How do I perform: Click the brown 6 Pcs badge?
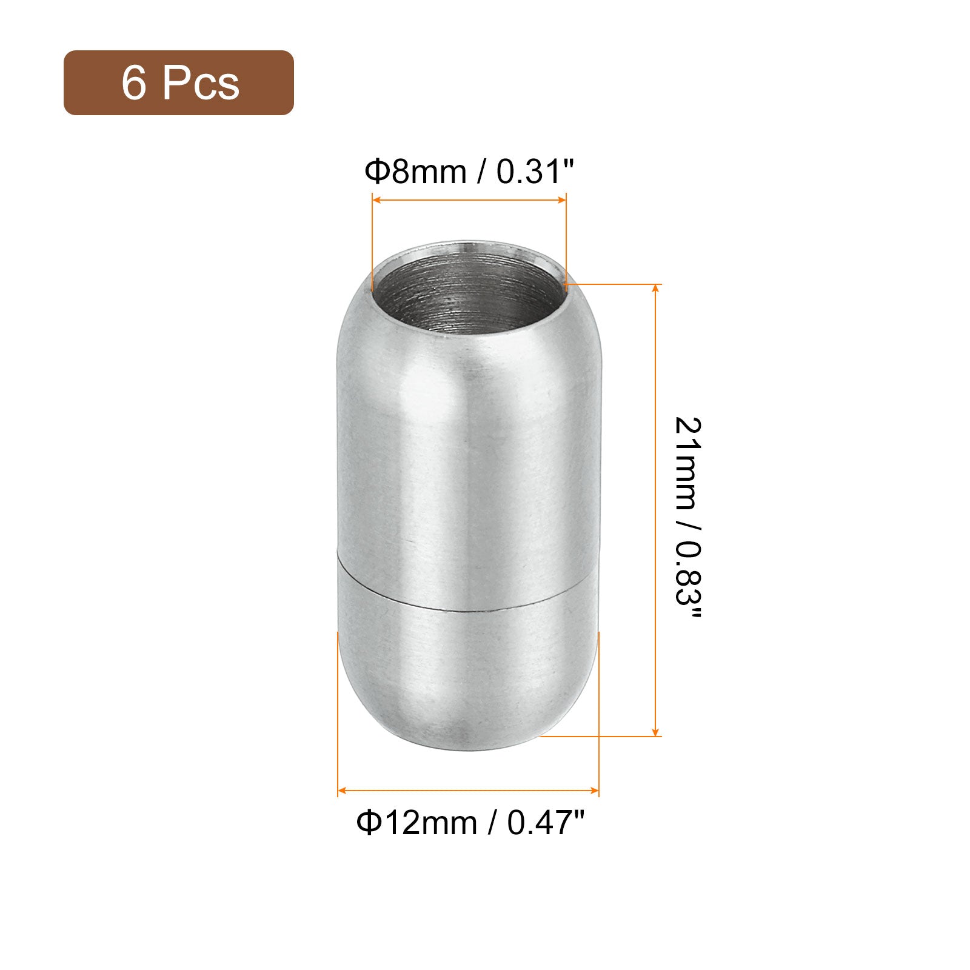click(179, 82)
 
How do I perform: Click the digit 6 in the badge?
click(134, 83)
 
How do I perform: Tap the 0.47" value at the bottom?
click(546, 823)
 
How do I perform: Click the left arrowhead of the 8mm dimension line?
click(376, 199)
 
